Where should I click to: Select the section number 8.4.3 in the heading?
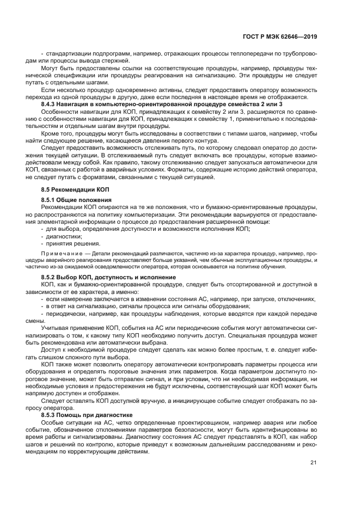[51, 103]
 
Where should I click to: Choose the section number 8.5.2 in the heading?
[51, 278]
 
